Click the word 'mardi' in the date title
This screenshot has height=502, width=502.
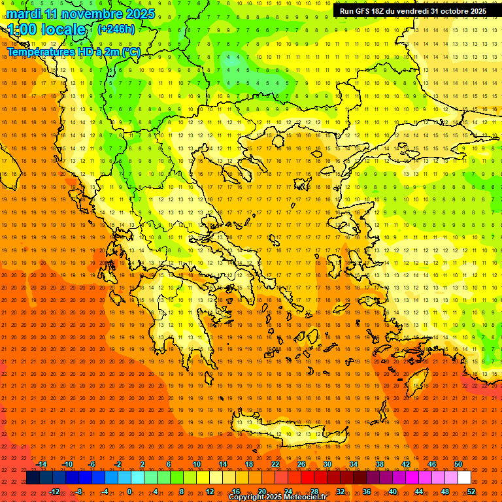coord(22,14)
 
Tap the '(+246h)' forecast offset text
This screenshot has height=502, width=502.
coord(116,29)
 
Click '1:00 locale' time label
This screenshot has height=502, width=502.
coord(47,29)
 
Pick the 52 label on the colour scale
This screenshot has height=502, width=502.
coord(471,492)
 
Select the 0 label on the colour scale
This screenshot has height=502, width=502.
coord(129,492)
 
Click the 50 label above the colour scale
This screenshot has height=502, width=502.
coord(458,464)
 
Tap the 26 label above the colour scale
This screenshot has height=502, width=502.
coord(301,464)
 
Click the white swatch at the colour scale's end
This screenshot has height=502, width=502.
coord(464,478)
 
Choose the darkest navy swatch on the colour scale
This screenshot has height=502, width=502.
coord(33,478)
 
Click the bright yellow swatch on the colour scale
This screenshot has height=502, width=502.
coord(203,478)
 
